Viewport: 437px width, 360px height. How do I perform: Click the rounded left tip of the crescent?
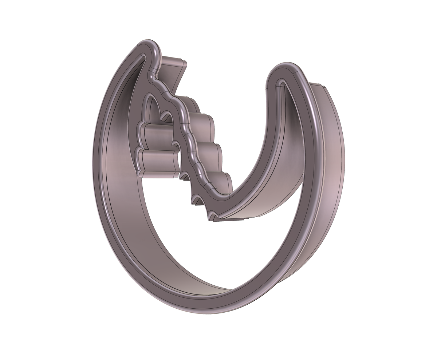pos(151,46)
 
